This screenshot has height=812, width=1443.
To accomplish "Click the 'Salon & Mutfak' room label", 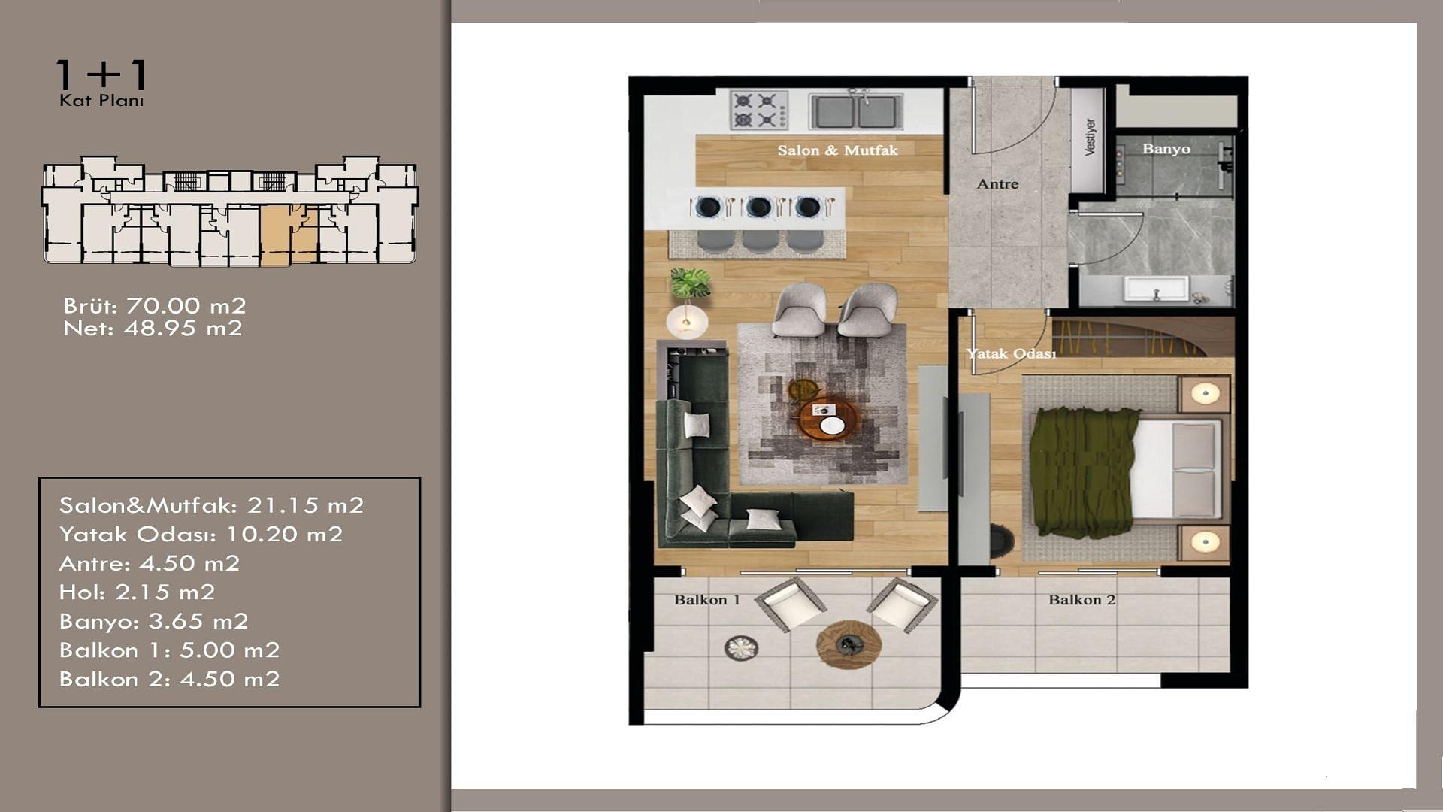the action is click(x=837, y=150).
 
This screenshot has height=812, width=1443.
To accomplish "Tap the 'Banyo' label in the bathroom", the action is click(x=1166, y=149).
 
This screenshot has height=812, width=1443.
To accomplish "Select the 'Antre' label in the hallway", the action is click(x=997, y=184).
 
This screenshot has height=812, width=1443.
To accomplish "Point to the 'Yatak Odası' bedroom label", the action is click(x=1011, y=353).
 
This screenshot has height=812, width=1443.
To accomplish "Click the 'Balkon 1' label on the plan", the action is click(x=706, y=600).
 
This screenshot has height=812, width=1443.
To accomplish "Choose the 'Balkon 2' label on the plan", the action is click(x=1081, y=600).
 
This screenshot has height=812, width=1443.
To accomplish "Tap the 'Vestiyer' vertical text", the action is click(x=1090, y=137).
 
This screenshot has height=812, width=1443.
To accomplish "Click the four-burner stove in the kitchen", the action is click(x=759, y=110).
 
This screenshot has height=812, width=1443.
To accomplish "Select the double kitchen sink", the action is click(x=855, y=110).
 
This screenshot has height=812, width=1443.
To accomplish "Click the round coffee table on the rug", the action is click(x=827, y=420).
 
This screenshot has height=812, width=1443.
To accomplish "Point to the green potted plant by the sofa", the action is click(x=690, y=283).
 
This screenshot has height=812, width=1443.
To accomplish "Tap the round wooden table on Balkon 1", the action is click(x=849, y=644).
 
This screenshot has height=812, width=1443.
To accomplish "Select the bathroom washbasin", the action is click(x=1156, y=288).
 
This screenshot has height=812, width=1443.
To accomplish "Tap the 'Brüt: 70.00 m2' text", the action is click(x=155, y=306).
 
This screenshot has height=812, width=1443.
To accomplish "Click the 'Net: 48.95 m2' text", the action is click(x=153, y=329).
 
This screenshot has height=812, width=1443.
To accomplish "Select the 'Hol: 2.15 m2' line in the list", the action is click(x=137, y=592).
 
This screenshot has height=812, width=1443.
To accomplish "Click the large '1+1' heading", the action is click(x=102, y=75).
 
